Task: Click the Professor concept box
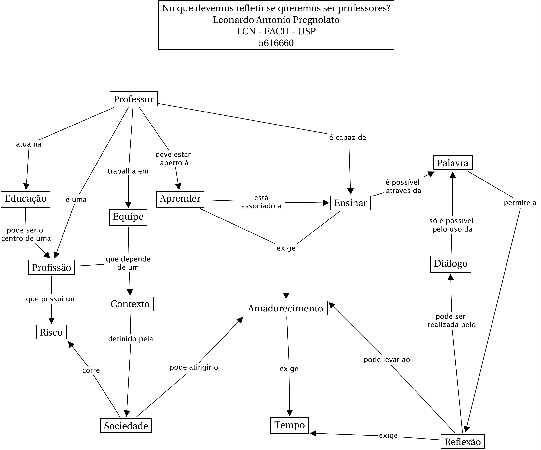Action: pos(133,99)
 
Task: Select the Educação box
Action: pos(25,199)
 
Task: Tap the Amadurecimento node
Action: pos(286,308)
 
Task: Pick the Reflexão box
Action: pos(463,442)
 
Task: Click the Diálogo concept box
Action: pos(451,264)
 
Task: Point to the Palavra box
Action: pos(453,163)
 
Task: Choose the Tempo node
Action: pos(290,425)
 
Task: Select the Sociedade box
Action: pos(126,426)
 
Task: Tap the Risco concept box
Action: pos(51,332)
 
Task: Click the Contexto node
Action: pos(130,304)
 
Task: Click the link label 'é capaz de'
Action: pos(348,138)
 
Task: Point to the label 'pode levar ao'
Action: pos(387,360)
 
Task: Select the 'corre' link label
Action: pos(91,370)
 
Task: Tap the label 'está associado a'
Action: pos(261,202)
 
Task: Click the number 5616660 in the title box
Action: pos(276,43)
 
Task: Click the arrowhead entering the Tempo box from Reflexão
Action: pos(313,433)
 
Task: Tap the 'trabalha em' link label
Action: pos(128,171)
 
